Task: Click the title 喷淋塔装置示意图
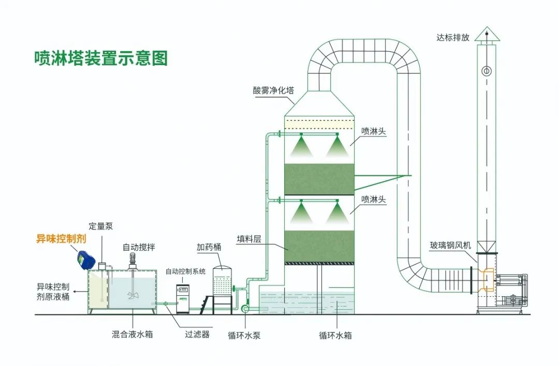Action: point(101,58)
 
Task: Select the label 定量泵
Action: point(100,226)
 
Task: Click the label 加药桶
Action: point(209,247)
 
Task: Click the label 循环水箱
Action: point(335,335)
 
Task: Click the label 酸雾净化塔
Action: point(273,89)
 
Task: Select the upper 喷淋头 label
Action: point(374,131)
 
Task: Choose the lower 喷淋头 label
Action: point(374,199)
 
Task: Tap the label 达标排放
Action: point(453,37)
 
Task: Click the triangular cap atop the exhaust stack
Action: point(487,34)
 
